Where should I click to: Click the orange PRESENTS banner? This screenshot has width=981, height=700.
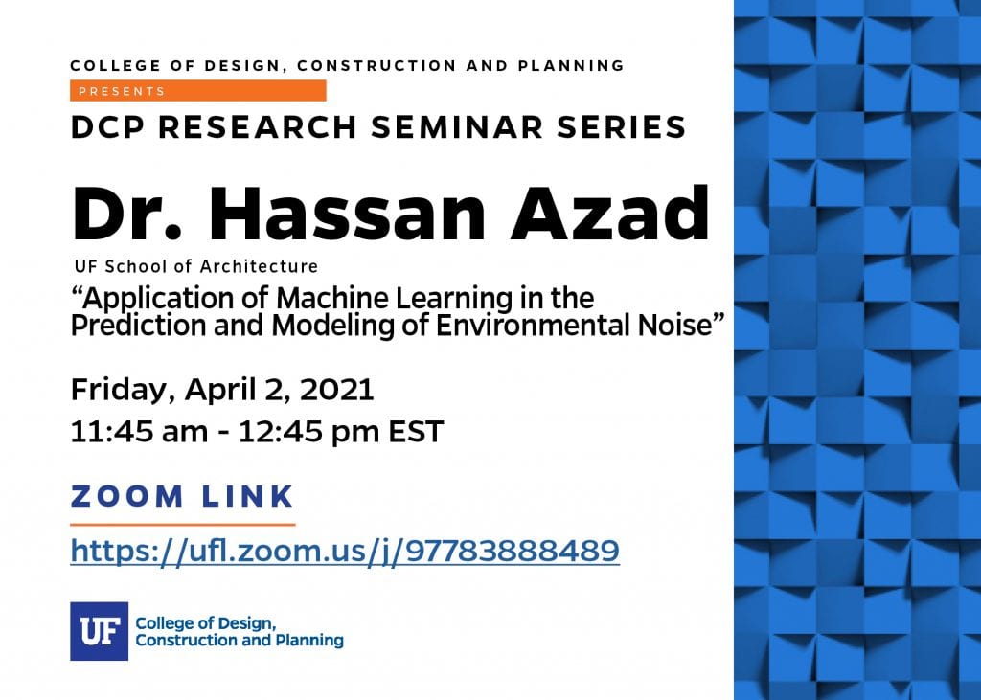(x=197, y=91)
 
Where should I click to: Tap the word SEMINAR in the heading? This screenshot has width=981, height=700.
(x=457, y=127)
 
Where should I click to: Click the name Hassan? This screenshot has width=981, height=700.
(x=347, y=214)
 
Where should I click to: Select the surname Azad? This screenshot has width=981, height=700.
(x=610, y=214)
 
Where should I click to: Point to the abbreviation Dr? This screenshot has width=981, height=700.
(x=127, y=214)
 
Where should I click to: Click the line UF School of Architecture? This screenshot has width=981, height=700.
(x=195, y=266)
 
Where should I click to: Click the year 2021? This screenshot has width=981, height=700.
(x=336, y=389)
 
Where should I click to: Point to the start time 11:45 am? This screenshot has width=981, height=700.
(x=139, y=432)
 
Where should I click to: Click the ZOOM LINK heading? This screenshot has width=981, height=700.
(x=182, y=496)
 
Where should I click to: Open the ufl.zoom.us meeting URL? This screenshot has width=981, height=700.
(x=345, y=552)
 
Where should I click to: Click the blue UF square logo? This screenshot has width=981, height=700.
(x=99, y=631)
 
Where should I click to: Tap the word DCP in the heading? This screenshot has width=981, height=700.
(x=107, y=127)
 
